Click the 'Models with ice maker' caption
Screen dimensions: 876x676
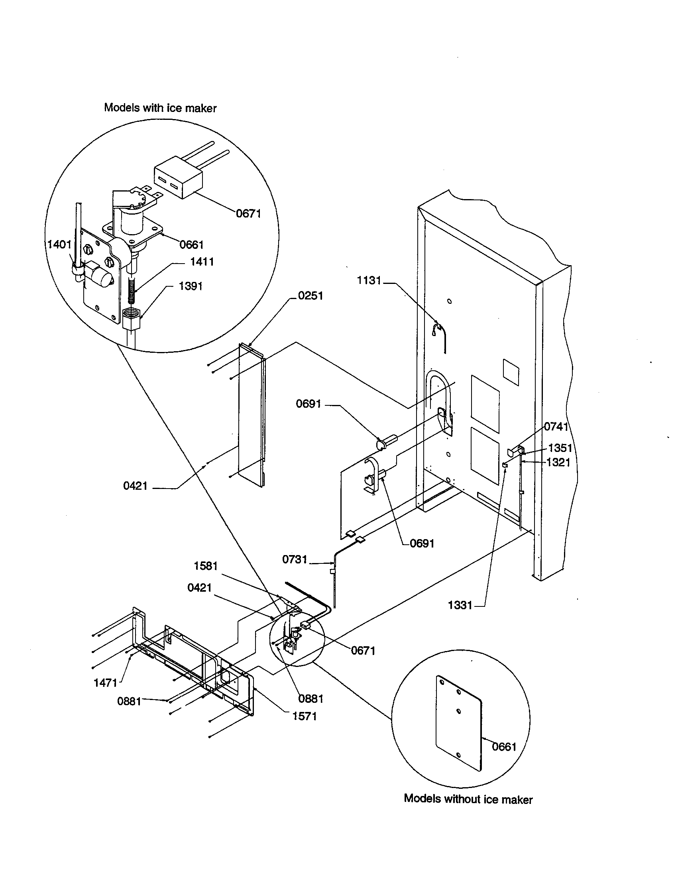click(160, 108)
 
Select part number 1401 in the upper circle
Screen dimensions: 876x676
click(59, 244)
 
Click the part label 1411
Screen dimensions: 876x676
click(202, 262)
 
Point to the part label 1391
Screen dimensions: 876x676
click(190, 286)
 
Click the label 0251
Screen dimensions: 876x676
click(310, 295)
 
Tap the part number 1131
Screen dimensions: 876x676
click(369, 280)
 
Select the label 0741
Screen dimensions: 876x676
click(556, 426)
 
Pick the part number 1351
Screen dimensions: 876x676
click(560, 448)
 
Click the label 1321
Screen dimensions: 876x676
click(558, 462)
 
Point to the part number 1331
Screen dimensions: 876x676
click(460, 605)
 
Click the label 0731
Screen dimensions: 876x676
click(294, 559)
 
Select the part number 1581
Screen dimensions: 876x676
click(206, 566)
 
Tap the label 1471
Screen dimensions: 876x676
click(105, 682)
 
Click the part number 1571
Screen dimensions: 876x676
click(304, 716)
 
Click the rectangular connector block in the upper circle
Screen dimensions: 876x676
click(177, 181)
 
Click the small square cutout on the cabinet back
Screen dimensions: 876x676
click(511, 371)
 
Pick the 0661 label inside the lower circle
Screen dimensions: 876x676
click(504, 747)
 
